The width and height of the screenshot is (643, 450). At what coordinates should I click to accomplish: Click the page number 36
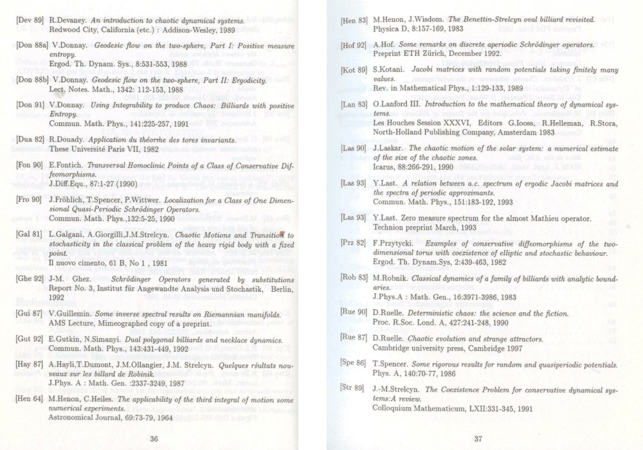pos(154,421)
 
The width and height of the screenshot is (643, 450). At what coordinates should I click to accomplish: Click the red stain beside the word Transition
pos(282,235)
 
